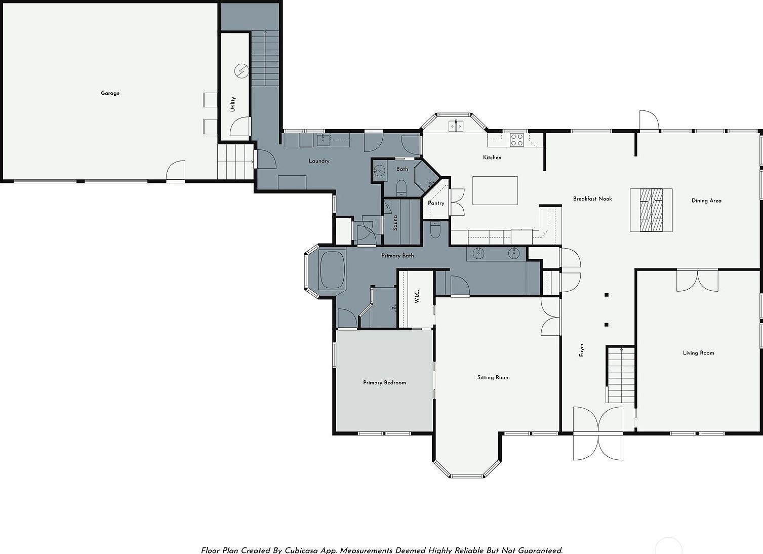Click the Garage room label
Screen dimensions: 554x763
[110, 93]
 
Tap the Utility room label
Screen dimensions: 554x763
[233, 104]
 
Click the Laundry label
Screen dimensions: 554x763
[319, 161]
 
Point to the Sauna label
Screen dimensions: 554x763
[395, 222]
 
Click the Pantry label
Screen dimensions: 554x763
[436, 203]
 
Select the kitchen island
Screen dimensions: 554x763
[495, 190]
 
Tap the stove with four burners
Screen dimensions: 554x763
[516, 140]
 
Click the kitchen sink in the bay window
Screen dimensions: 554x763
[456, 126]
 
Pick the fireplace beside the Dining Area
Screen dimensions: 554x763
[651, 210]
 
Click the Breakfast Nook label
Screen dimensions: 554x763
[592, 199]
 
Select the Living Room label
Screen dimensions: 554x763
[698, 353]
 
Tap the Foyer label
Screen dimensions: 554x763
[582, 350]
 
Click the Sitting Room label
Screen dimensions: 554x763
[493, 377]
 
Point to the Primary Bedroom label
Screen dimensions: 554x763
[384, 383]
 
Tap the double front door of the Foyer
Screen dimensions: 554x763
[598, 434]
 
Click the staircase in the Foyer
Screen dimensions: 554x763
[621, 375]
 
